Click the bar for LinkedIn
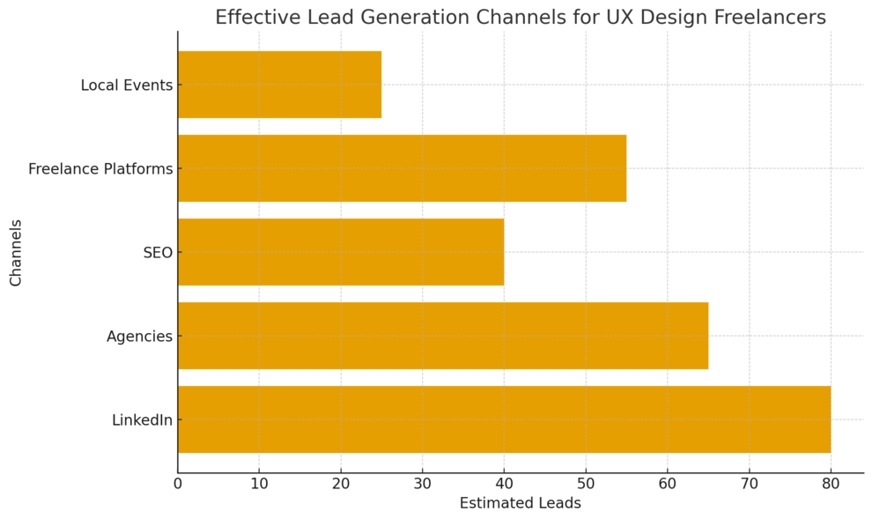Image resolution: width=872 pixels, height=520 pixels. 504,420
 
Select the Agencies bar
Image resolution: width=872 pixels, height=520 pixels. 442,336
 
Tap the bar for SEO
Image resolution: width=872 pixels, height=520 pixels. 341,252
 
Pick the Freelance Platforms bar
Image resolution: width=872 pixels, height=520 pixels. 402,168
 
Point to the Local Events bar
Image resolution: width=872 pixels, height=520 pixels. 279,85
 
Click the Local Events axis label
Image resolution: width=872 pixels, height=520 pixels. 126,85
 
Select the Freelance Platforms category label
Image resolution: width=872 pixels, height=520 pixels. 100,169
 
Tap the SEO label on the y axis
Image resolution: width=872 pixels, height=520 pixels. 158,253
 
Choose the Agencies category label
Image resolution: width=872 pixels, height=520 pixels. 139,337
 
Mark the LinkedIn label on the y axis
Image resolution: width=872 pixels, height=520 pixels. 142,420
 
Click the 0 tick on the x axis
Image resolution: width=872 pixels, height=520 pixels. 178,483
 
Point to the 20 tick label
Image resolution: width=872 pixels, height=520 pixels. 341,483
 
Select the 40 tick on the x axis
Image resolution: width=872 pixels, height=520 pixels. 504,483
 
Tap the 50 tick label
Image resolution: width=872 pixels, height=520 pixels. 586,483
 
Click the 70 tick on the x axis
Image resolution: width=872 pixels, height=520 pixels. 749,483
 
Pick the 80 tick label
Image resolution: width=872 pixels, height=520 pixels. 831,483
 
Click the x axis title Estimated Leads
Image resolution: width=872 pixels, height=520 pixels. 520,504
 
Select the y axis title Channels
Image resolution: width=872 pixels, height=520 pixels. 16,252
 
